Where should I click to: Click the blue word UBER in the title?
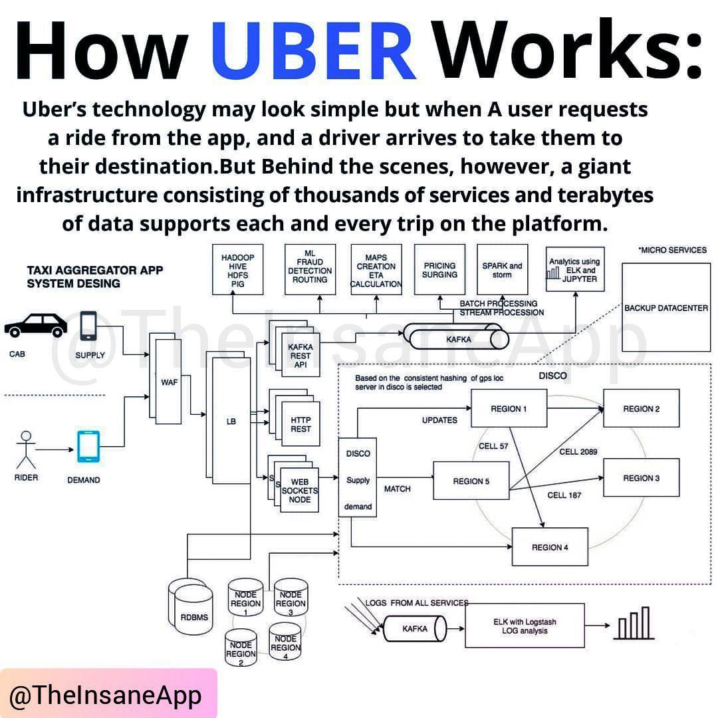[314, 52]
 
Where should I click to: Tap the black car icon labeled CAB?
[36, 326]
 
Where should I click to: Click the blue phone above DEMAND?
[88, 447]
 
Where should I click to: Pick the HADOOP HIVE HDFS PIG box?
[237, 270]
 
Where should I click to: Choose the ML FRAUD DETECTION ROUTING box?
[310, 270]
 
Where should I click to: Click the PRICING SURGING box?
[439, 270]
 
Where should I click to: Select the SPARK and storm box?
[502, 270]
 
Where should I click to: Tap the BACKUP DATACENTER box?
[666, 307]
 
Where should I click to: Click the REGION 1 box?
[509, 408]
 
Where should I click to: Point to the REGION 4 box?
[549, 546]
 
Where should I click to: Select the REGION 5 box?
[471, 481]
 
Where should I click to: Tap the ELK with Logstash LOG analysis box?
[525, 626]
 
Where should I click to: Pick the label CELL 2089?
[578, 452]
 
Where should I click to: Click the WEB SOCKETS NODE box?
[300, 491]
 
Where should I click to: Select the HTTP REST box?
[300, 424]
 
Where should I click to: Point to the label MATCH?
[398, 489]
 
